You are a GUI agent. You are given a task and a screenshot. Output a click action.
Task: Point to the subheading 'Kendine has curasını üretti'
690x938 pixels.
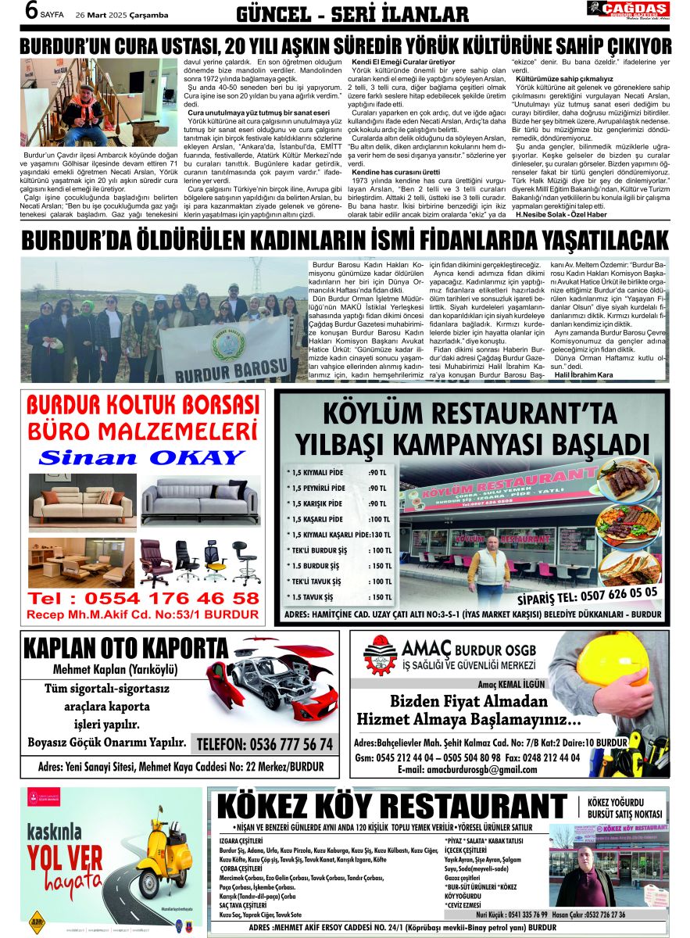click(395, 171)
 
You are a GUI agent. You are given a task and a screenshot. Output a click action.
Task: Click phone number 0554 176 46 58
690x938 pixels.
click(143, 599)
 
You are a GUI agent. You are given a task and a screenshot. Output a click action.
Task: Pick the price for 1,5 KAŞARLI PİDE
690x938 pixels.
click(379, 520)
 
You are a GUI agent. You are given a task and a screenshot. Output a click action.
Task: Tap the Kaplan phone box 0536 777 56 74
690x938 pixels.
click(264, 743)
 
